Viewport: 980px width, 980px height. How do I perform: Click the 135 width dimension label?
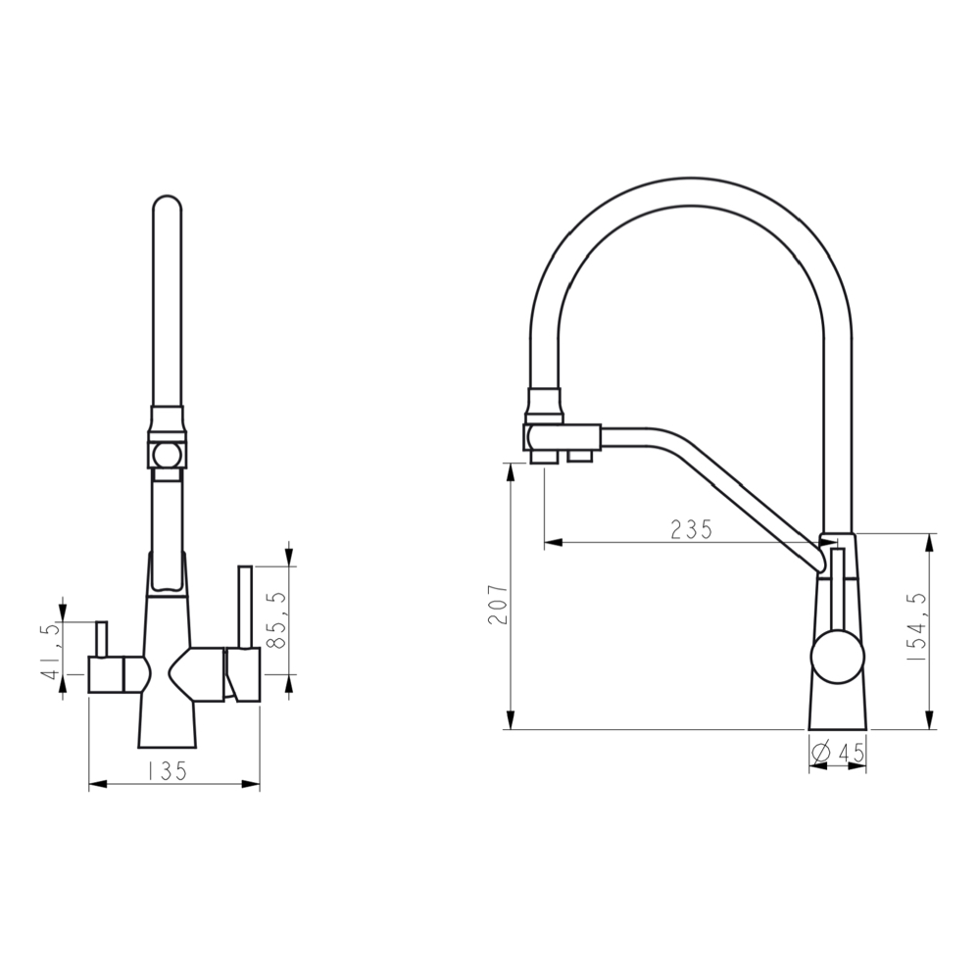click(x=167, y=771)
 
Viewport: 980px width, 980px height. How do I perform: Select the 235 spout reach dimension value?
click(x=691, y=529)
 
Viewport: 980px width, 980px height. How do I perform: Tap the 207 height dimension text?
click(x=497, y=610)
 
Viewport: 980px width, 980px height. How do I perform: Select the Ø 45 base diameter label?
click(x=839, y=752)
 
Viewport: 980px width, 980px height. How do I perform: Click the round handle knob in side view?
click(x=838, y=656)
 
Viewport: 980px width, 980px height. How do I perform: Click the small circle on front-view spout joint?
click(x=166, y=453)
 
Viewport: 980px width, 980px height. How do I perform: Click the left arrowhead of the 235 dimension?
click(x=552, y=541)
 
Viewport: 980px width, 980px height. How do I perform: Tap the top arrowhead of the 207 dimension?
click(x=510, y=470)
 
